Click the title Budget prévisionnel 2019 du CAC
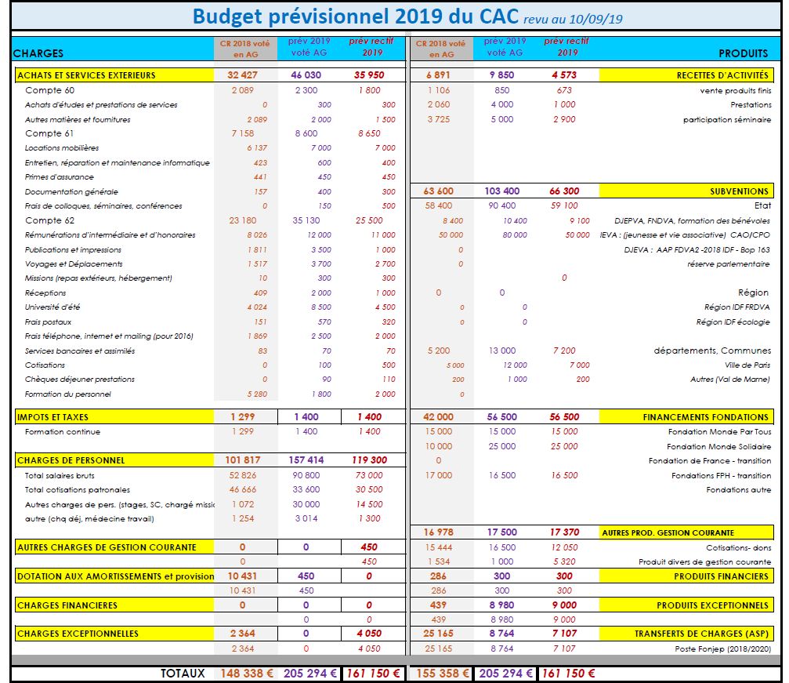click(354, 16)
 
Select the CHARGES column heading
click(38, 54)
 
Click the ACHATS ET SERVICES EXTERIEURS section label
click(86, 75)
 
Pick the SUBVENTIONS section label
click(739, 191)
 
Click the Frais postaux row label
click(48, 322)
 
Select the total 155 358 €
click(442, 673)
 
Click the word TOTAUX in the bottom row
click(183, 673)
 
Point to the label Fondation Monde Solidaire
click(719, 446)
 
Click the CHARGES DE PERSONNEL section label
click(71, 460)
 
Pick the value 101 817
click(244, 460)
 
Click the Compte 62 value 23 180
click(243, 220)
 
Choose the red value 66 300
click(564, 191)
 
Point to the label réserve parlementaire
click(728, 264)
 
